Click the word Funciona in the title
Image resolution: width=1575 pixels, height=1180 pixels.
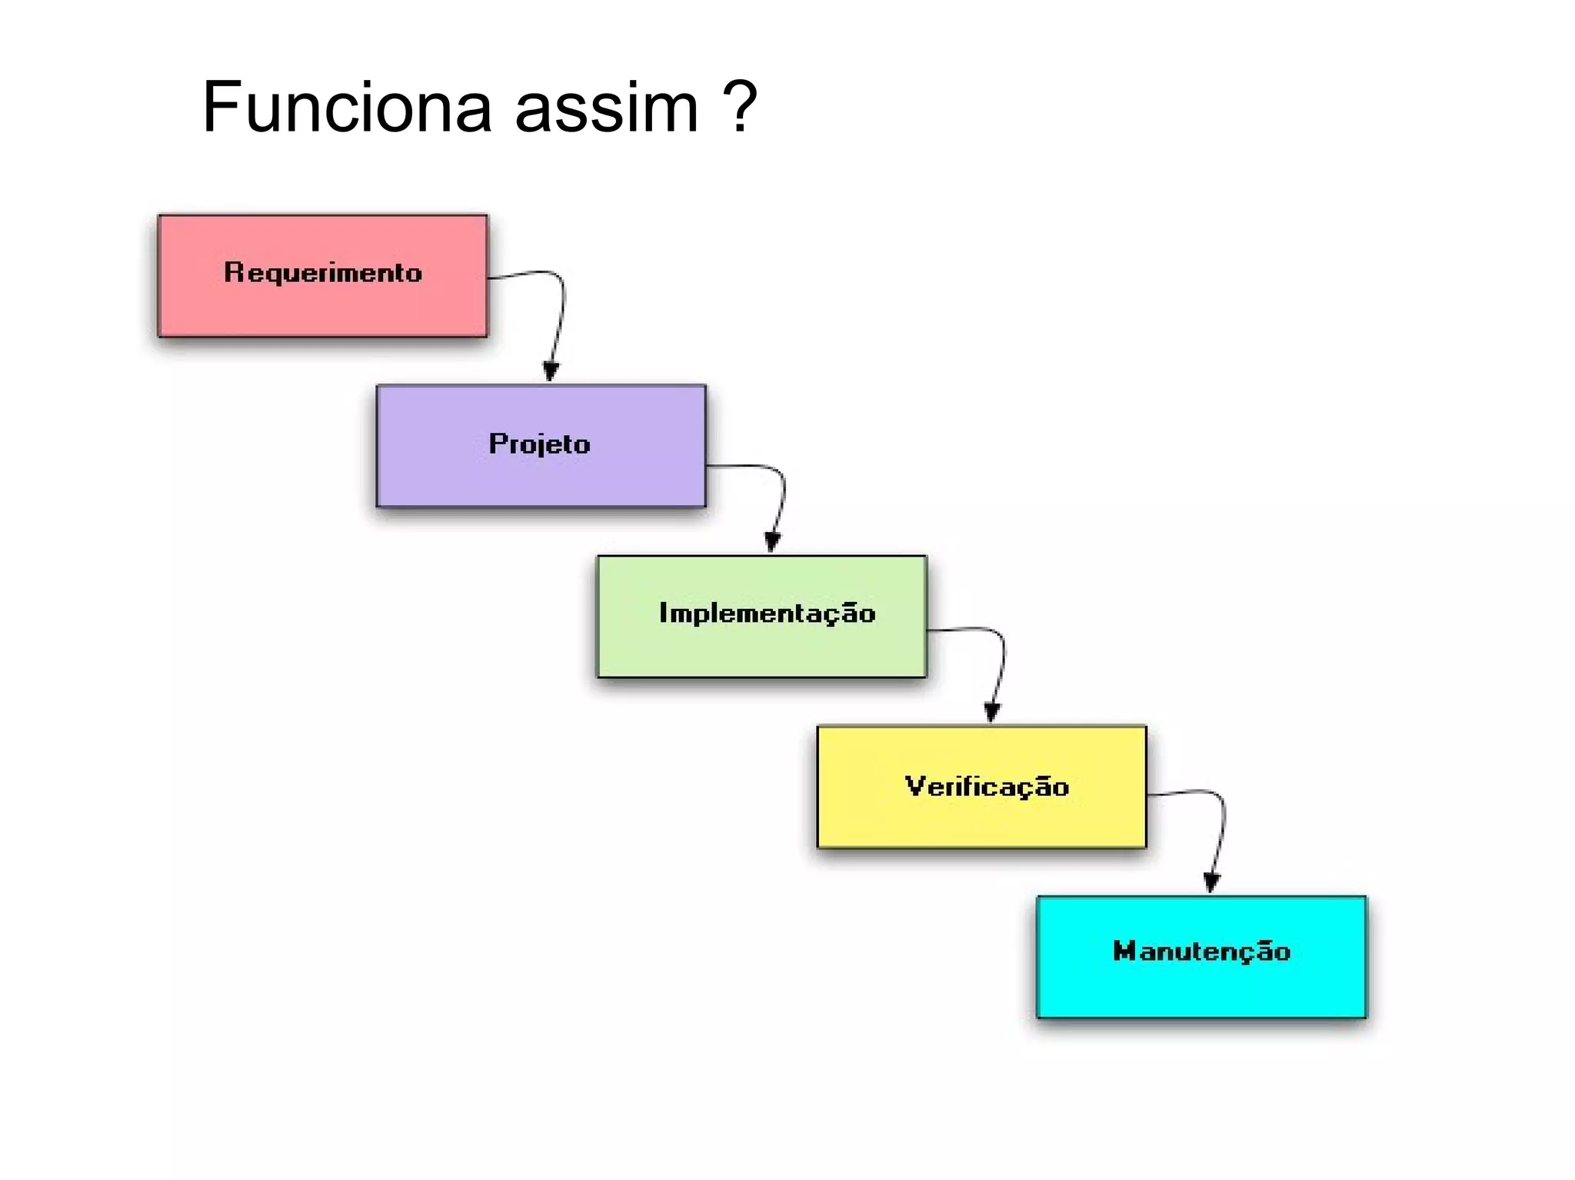pyautogui.click(x=346, y=108)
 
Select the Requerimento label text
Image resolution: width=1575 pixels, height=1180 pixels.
pyautogui.click(x=323, y=273)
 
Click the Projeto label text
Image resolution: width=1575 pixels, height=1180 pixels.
pyautogui.click(x=540, y=444)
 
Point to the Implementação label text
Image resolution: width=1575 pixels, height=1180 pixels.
pyautogui.click(x=768, y=613)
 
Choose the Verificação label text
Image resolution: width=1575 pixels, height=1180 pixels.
pyautogui.click(x=987, y=786)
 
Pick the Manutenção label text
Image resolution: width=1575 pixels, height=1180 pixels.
pyautogui.click(x=1201, y=952)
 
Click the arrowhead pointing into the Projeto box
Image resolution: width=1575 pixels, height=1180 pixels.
pyautogui.click(x=551, y=371)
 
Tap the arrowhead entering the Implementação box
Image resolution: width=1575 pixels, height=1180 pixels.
pyautogui.click(x=773, y=542)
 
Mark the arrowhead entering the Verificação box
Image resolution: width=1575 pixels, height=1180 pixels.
pyautogui.click(x=992, y=713)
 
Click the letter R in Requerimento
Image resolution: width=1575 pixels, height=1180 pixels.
pyautogui.click(x=233, y=272)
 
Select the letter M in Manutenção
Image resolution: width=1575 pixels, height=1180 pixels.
pyautogui.click(x=1124, y=951)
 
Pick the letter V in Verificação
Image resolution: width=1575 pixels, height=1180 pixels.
pyautogui.click(x=914, y=786)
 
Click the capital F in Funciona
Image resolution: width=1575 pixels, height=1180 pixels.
pyautogui.click(x=221, y=108)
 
